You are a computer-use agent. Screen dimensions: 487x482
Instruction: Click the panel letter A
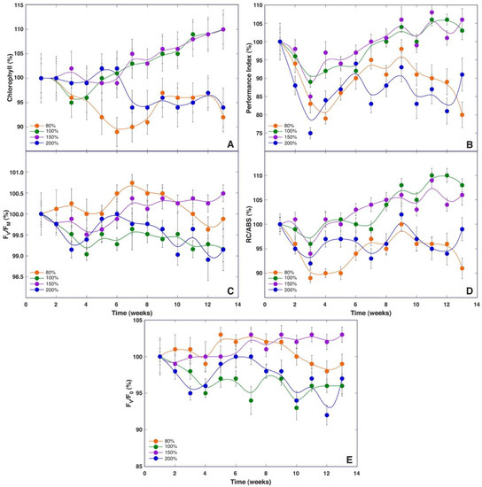(x=230, y=143)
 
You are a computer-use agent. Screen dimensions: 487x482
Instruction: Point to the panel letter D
(x=469, y=290)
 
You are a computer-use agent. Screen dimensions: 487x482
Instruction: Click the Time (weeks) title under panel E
(x=240, y=482)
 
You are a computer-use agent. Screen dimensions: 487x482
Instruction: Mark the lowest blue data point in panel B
(x=310, y=133)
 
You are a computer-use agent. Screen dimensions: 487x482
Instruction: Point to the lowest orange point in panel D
(x=310, y=278)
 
